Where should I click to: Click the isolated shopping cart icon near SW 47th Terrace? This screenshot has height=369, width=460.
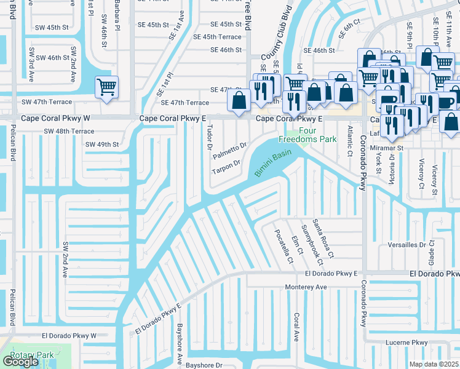point(106,87)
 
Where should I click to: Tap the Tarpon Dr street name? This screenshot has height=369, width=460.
point(226,167)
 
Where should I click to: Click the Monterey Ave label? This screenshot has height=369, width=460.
point(306,287)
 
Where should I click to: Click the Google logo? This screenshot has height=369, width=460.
point(20,362)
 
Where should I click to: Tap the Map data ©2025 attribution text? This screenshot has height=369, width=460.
point(434,364)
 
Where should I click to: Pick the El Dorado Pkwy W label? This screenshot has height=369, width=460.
point(69,336)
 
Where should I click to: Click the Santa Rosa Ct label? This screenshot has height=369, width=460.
point(322,239)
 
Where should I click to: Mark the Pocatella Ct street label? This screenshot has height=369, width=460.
point(284,245)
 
